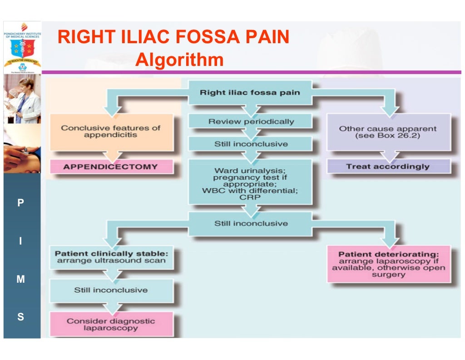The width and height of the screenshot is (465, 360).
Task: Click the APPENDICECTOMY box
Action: pyautogui.click(x=110, y=166)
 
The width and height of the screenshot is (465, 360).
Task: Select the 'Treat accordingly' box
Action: pyautogui.click(x=388, y=166)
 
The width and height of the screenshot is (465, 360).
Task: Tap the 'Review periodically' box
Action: pyautogui.click(x=251, y=121)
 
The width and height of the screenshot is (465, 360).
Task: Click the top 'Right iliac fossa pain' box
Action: pyautogui.click(x=250, y=93)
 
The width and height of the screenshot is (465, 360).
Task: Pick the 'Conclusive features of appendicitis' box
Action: pyautogui.click(x=110, y=132)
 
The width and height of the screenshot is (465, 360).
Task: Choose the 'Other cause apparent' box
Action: pyautogui.click(x=388, y=132)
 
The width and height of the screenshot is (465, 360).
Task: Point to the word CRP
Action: pyautogui.click(x=250, y=197)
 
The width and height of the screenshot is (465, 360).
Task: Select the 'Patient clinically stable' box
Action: pyautogui.click(x=110, y=257)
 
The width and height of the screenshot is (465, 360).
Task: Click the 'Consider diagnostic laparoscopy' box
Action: pyautogui.click(x=110, y=324)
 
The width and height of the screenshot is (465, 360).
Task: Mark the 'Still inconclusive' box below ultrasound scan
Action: pyautogui.click(x=110, y=290)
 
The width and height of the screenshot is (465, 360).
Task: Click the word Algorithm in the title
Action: pyautogui.click(x=179, y=60)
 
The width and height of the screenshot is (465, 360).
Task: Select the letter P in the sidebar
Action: pyautogui.click(x=20, y=203)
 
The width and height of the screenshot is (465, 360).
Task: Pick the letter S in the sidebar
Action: pyautogui.click(x=20, y=317)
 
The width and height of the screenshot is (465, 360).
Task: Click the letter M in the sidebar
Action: pyautogui.click(x=20, y=280)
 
